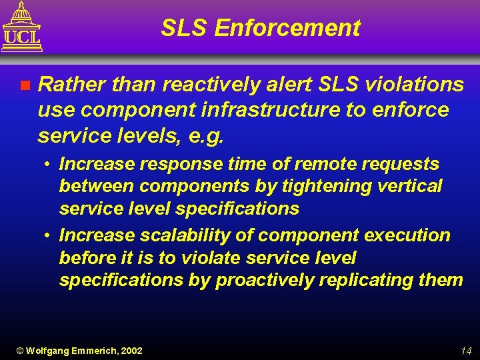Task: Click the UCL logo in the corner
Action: point(22,27)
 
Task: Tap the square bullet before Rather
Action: point(25,85)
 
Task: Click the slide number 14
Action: point(465,351)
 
